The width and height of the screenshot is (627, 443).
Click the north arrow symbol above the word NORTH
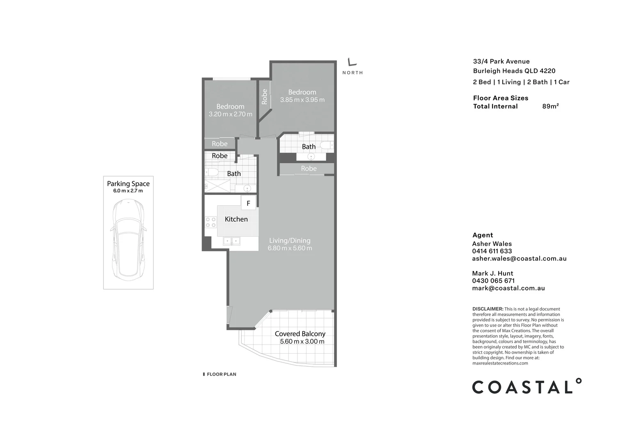[x=352, y=62]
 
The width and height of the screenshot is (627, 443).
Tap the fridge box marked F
[x=248, y=203]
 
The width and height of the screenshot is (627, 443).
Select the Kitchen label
[x=236, y=219]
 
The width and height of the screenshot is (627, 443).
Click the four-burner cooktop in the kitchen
[x=211, y=222]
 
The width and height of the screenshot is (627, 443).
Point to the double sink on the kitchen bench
[x=231, y=241]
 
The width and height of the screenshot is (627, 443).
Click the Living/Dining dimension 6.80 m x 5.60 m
[x=290, y=248]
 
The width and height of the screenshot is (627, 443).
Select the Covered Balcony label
[x=300, y=334]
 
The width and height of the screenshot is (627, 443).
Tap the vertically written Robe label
[x=265, y=97]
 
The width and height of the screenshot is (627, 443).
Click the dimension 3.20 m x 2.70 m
[x=230, y=114]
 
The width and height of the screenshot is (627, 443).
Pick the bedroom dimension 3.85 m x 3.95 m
[x=302, y=100]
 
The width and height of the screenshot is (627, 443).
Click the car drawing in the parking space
[x=128, y=240]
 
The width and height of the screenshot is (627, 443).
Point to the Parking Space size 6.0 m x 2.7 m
[x=128, y=191]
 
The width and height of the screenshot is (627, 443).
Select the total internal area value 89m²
[x=550, y=106]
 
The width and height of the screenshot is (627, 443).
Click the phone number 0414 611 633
[x=492, y=251]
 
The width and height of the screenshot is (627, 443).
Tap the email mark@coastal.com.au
[x=508, y=288]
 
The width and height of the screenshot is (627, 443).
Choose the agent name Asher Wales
[x=492, y=244]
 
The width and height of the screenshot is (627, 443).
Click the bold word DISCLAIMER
[x=487, y=309]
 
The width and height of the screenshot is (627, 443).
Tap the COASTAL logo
[x=526, y=387]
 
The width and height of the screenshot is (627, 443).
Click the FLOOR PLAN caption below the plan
[x=221, y=374]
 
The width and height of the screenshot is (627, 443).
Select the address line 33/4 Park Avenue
[x=501, y=62]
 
